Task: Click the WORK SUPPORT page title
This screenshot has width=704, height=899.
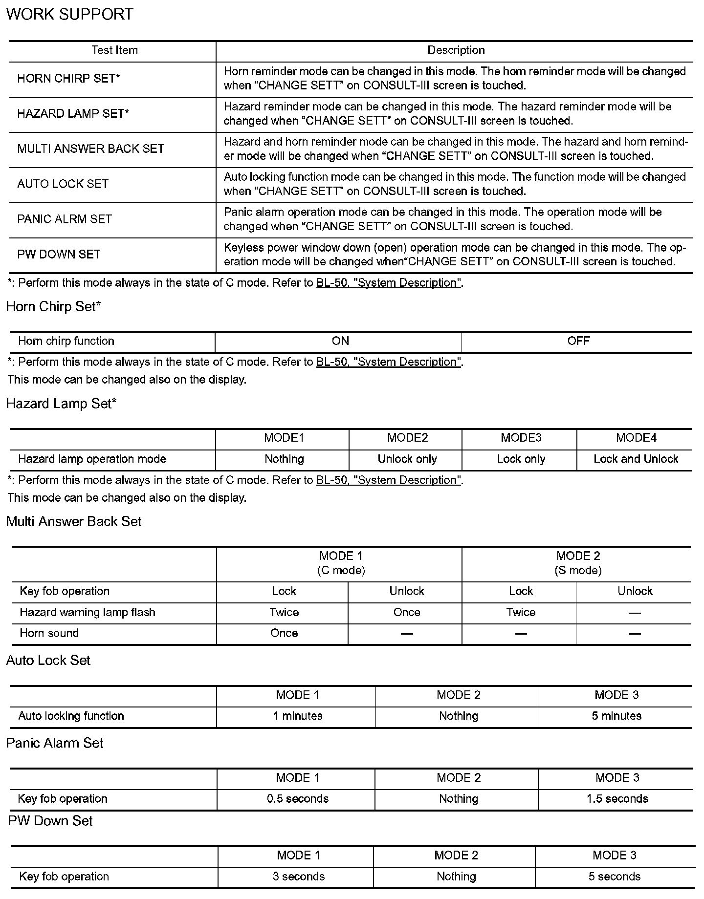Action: [69, 15]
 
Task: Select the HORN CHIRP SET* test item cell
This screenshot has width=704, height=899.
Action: [68, 79]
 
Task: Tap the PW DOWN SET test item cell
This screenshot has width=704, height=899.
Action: [59, 255]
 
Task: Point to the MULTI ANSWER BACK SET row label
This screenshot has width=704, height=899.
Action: [90, 149]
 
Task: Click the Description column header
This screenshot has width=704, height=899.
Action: [456, 50]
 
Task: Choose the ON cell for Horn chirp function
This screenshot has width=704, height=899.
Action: [340, 341]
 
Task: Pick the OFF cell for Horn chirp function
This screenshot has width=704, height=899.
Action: [578, 341]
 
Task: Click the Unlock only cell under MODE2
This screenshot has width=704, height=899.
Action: [407, 459]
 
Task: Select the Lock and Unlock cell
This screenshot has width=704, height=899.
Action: [636, 459]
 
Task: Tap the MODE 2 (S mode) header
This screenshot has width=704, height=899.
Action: [578, 563]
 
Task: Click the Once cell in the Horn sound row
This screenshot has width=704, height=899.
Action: [284, 633]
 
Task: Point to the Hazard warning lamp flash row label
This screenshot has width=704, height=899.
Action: [88, 613]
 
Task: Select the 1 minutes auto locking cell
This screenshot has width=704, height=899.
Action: [298, 716]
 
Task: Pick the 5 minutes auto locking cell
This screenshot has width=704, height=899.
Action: [616, 716]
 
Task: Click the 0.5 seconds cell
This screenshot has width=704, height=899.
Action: [298, 799]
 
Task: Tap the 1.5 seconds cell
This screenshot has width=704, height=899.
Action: [617, 799]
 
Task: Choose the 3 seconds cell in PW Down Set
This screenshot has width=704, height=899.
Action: [299, 877]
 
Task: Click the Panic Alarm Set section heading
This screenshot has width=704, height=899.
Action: [55, 744]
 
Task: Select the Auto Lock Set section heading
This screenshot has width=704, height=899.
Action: [48, 661]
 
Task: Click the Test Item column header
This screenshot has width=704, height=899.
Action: [114, 50]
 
